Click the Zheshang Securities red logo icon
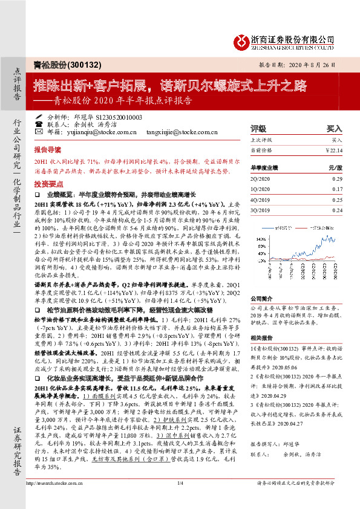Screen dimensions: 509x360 click(240, 41)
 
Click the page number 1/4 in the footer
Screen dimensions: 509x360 click(180, 499)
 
